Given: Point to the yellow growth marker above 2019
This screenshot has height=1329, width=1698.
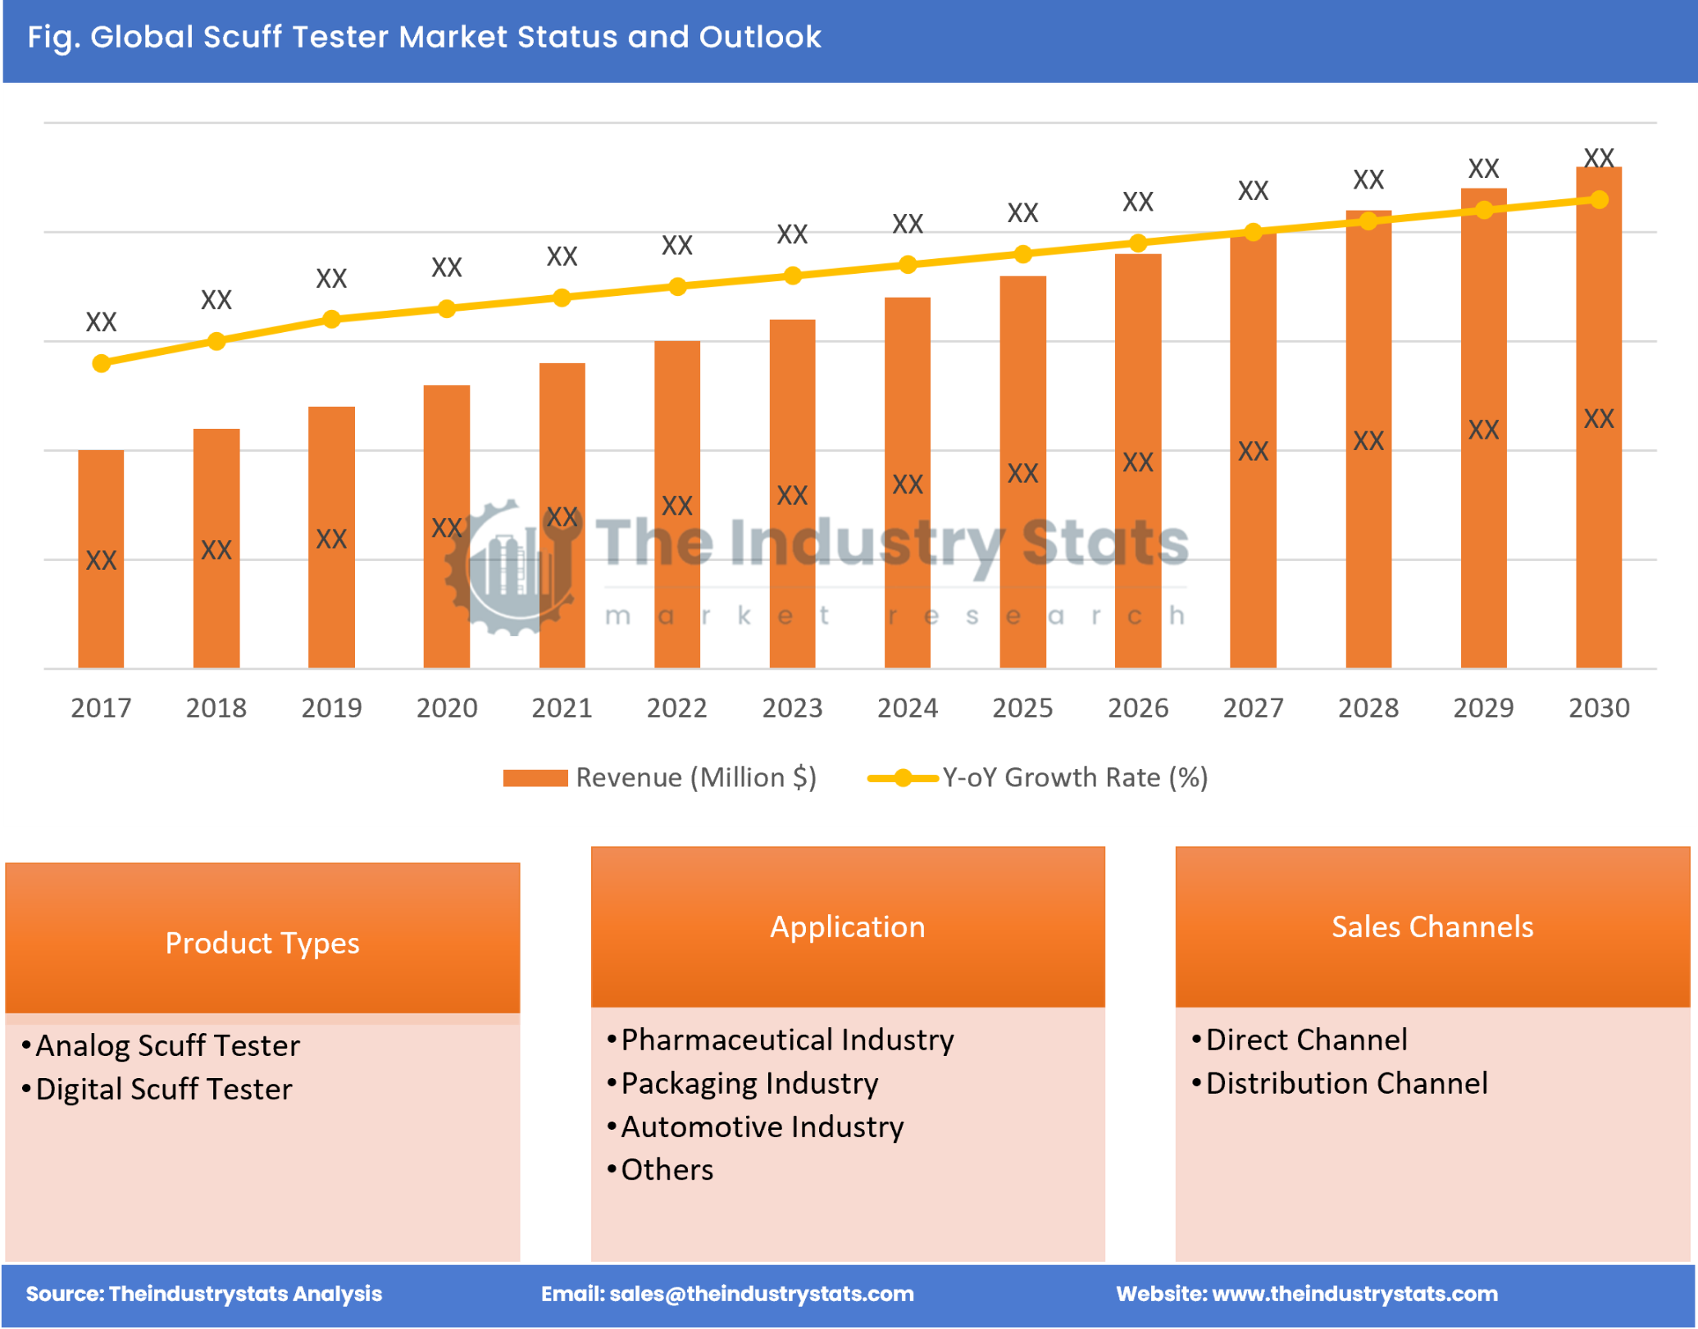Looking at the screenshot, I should coord(331,319).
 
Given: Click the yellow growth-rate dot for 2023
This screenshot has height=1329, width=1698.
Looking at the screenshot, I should coord(792,275).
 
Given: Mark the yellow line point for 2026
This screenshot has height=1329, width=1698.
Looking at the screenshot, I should coord(1137,243).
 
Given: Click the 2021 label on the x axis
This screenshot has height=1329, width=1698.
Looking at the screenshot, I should coord(562,708).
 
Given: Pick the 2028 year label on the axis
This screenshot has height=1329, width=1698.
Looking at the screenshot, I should coord(1368,708).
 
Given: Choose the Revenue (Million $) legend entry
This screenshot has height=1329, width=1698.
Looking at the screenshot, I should coord(659,777).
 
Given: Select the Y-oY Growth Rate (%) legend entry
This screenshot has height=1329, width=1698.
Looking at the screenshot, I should coord(1038,777).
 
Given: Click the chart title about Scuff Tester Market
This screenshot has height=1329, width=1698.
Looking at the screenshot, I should coord(424,37).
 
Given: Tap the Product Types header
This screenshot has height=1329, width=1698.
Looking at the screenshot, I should coord(262,943).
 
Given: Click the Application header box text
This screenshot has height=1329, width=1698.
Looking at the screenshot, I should coord(847,926).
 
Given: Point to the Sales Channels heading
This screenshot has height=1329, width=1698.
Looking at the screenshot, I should coord(1432,926).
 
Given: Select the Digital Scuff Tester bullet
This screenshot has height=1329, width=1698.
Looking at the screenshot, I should coord(164,1089).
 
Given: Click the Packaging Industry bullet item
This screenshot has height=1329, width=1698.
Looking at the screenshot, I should coord(749,1083).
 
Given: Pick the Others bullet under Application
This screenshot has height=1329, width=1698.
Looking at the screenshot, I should coord(667,1170).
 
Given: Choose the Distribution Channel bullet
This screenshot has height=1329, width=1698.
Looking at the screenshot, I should coord(1345,1083).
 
